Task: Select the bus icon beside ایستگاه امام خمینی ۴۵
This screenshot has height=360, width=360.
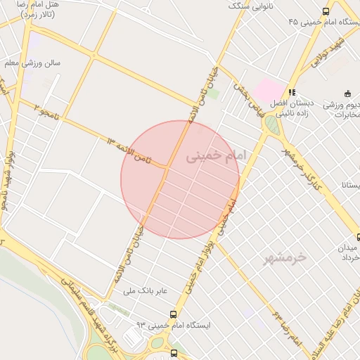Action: (x=326, y=11)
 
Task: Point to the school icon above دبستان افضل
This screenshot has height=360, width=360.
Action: (x=292, y=92)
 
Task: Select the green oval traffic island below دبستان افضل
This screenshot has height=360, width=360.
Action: (x=271, y=125)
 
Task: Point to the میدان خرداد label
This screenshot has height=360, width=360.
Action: (x=349, y=253)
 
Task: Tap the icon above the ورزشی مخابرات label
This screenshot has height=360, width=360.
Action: (x=347, y=94)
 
